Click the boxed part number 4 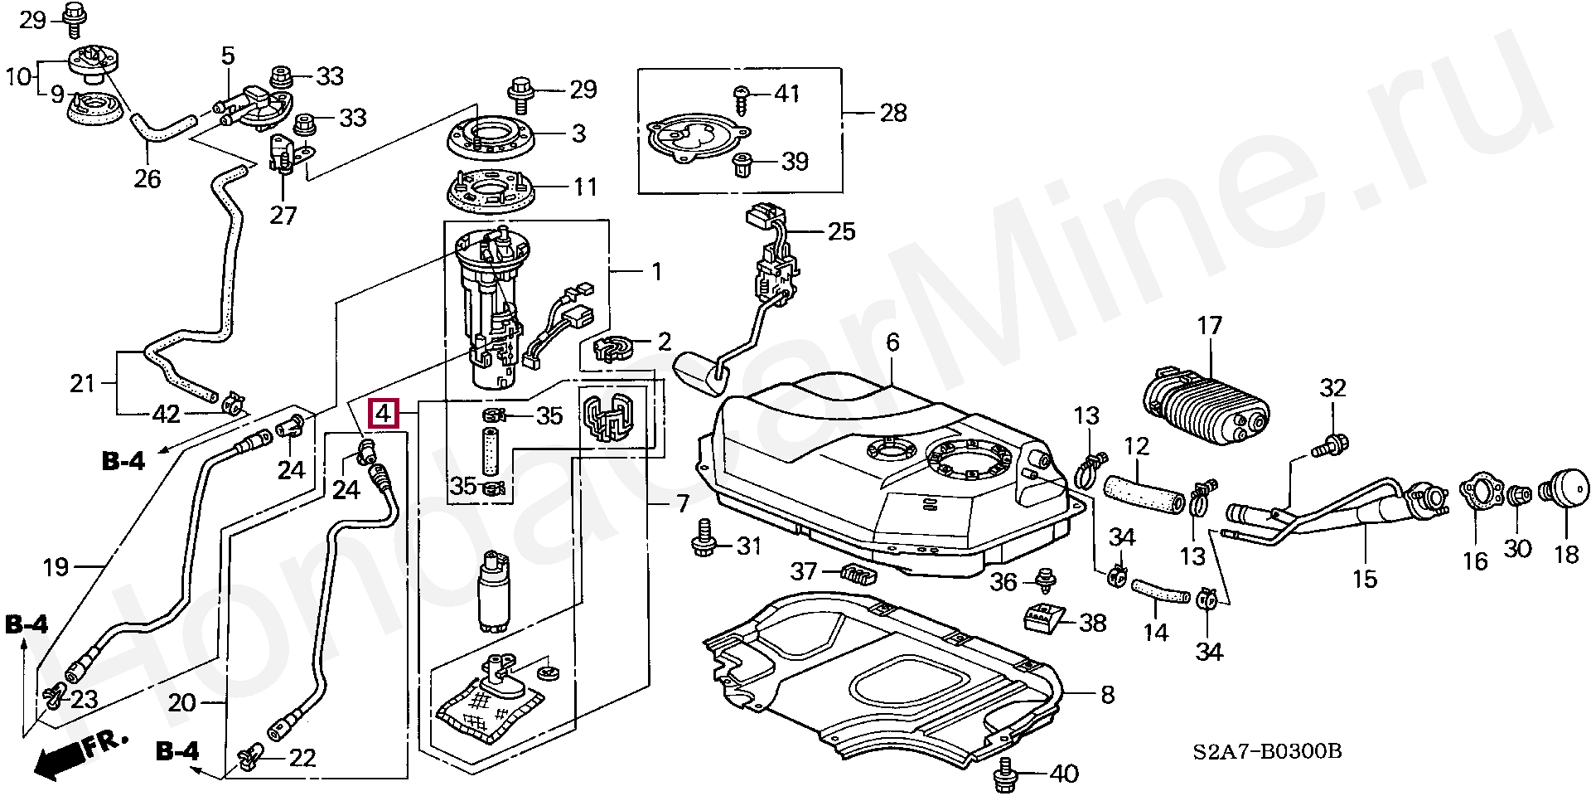(384, 413)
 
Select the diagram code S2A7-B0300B (1267, 751)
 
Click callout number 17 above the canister (1210, 326)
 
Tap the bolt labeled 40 (1006, 774)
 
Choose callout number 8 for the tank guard (1107, 694)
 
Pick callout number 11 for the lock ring (585, 187)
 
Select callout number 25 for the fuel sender (841, 231)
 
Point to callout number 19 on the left (56, 568)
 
